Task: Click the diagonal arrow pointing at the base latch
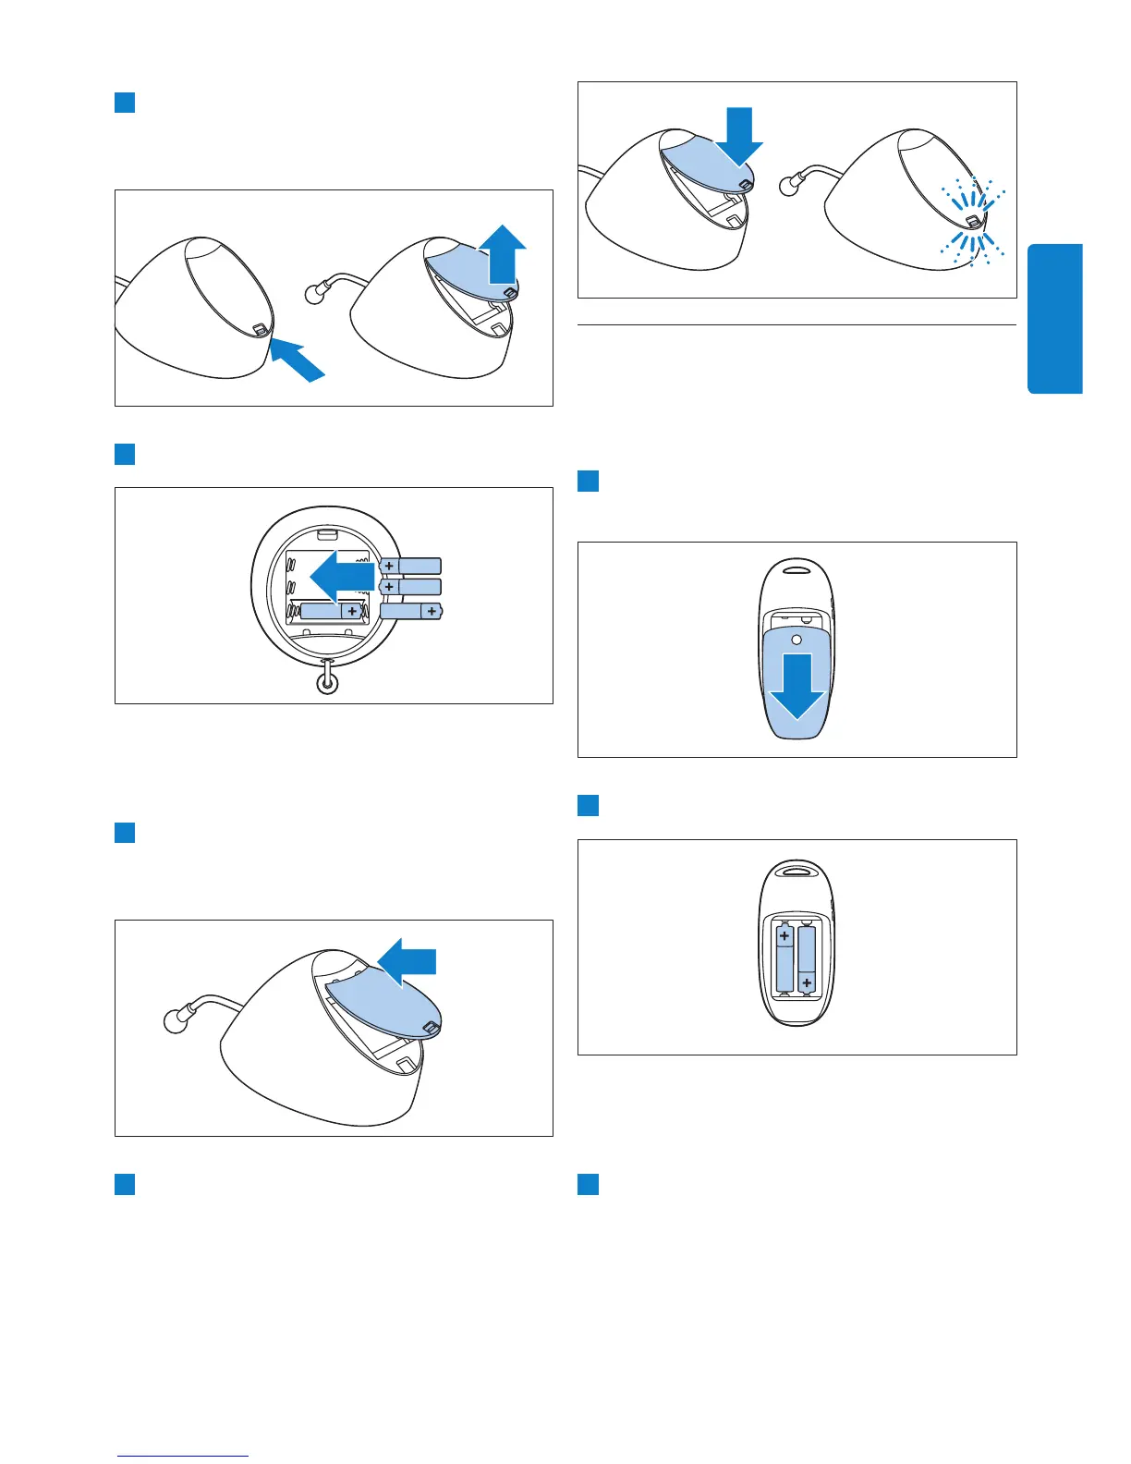pyautogui.click(x=298, y=359)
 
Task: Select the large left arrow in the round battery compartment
pyautogui.click(x=341, y=577)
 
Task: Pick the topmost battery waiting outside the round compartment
pyautogui.click(x=410, y=566)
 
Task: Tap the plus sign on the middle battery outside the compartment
pyautogui.click(x=390, y=587)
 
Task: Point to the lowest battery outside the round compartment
pyautogui.click(x=411, y=611)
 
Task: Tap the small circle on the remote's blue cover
pyautogui.click(x=797, y=639)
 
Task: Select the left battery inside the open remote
pyautogui.click(x=784, y=958)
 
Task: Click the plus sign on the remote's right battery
pyautogui.click(x=807, y=982)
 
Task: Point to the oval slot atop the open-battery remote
pyautogui.click(x=797, y=870)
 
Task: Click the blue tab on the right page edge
pyautogui.click(x=1054, y=319)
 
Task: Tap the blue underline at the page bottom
pyautogui.click(x=183, y=1457)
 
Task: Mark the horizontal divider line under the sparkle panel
pyautogui.click(x=797, y=325)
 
